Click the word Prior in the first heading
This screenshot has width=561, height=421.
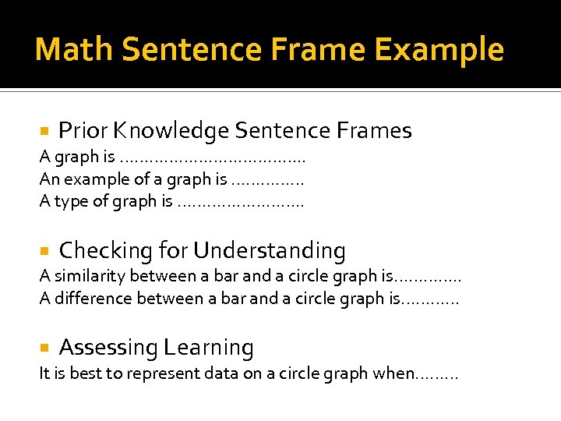coord(82,130)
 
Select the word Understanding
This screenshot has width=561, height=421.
coord(269,251)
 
